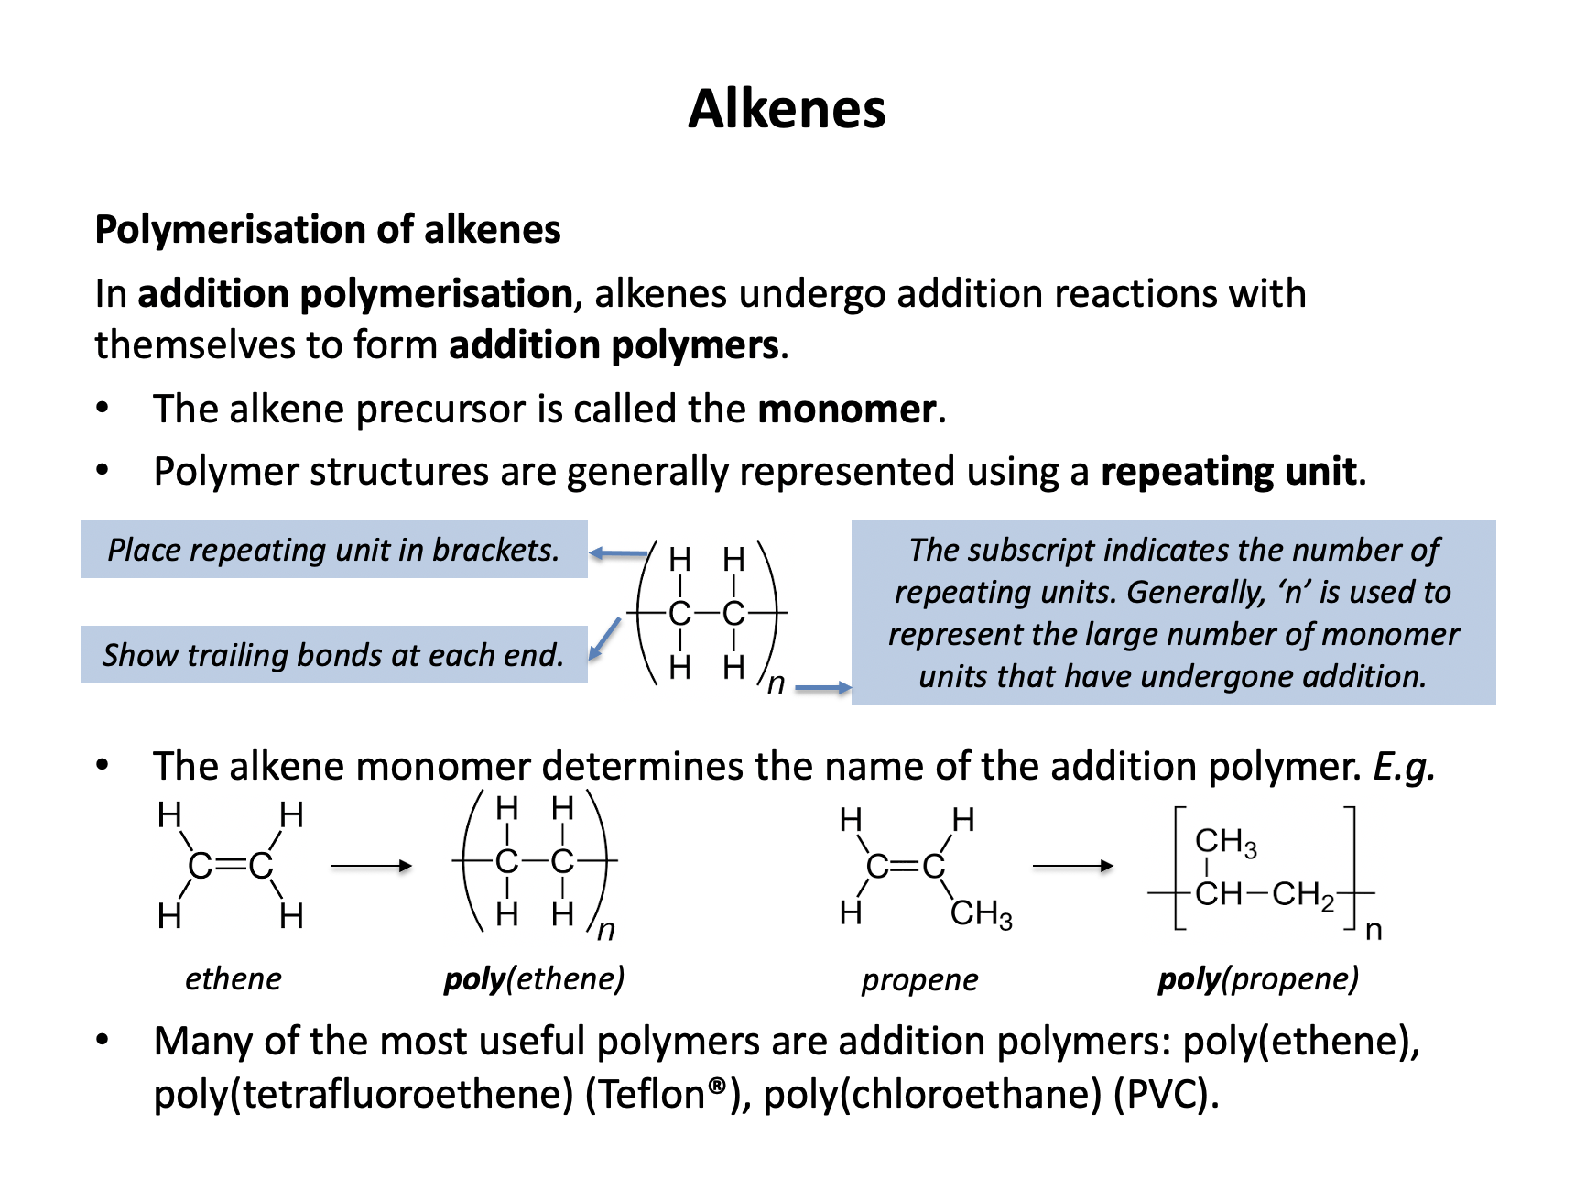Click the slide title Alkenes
787,109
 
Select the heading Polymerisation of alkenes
328,229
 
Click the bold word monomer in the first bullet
846,409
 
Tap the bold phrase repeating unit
1228,471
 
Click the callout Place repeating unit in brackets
333,550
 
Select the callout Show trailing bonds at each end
333,655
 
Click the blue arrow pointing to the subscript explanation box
822,687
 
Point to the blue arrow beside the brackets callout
619,553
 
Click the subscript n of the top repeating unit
776,683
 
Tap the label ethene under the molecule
233,978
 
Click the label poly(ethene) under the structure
534,978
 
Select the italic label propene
919,979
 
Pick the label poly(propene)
1258,978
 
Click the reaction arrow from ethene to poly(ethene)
371,866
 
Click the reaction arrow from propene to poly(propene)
1072,866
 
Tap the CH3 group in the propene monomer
982,914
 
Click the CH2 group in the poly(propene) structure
1303,894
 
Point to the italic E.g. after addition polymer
1404,766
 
